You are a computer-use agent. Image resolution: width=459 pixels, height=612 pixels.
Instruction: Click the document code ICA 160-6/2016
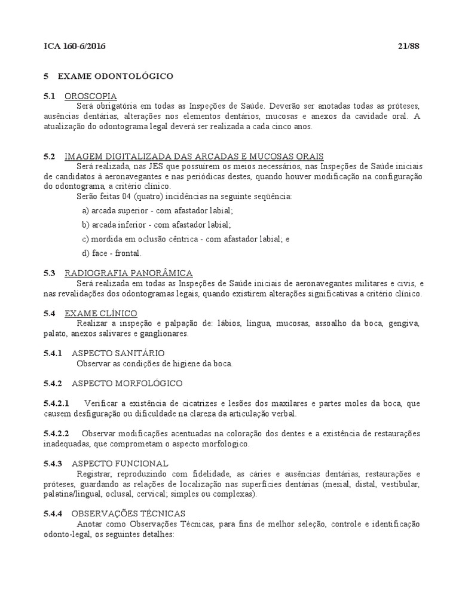[x=75, y=46]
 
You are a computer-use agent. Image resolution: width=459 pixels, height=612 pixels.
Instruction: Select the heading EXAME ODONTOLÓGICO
[x=115, y=76]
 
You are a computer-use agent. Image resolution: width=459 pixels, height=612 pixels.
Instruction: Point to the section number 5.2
[x=50, y=156]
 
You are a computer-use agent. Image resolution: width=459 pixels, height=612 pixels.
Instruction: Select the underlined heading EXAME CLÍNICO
[x=100, y=313]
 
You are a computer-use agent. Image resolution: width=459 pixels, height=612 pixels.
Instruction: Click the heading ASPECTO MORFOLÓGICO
[x=127, y=382]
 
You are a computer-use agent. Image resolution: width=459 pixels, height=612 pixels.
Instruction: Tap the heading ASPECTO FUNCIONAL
[x=120, y=463]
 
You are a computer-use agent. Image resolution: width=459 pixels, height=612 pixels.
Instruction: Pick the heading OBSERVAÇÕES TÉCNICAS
[x=128, y=513]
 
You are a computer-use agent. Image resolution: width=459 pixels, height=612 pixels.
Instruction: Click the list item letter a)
[x=85, y=210]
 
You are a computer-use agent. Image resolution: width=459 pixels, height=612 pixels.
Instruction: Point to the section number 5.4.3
[x=53, y=463]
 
